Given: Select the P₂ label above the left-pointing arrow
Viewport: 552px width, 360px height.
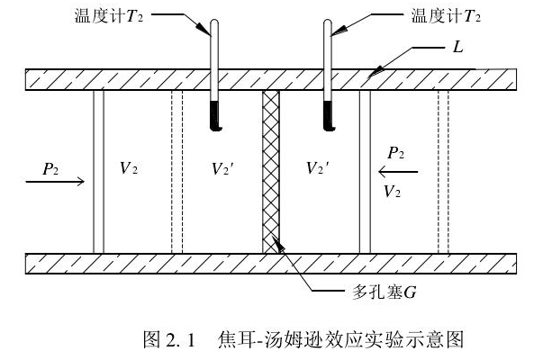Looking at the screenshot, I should click(395, 153).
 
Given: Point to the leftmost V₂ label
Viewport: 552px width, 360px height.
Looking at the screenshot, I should click(129, 168).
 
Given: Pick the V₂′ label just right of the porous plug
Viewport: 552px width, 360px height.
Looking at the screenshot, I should click(317, 168).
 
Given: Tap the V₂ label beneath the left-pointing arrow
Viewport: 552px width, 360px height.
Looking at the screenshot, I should click(393, 191).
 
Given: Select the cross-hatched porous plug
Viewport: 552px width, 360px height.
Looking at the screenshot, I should click(271, 171).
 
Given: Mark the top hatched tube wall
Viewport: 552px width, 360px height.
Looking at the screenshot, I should click(270, 78).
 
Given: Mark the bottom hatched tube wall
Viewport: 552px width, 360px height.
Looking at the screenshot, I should click(270, 263).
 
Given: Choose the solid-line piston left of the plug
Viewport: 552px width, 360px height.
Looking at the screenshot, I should click(99, 171).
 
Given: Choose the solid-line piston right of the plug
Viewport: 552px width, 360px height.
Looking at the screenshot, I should click(365, 171).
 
